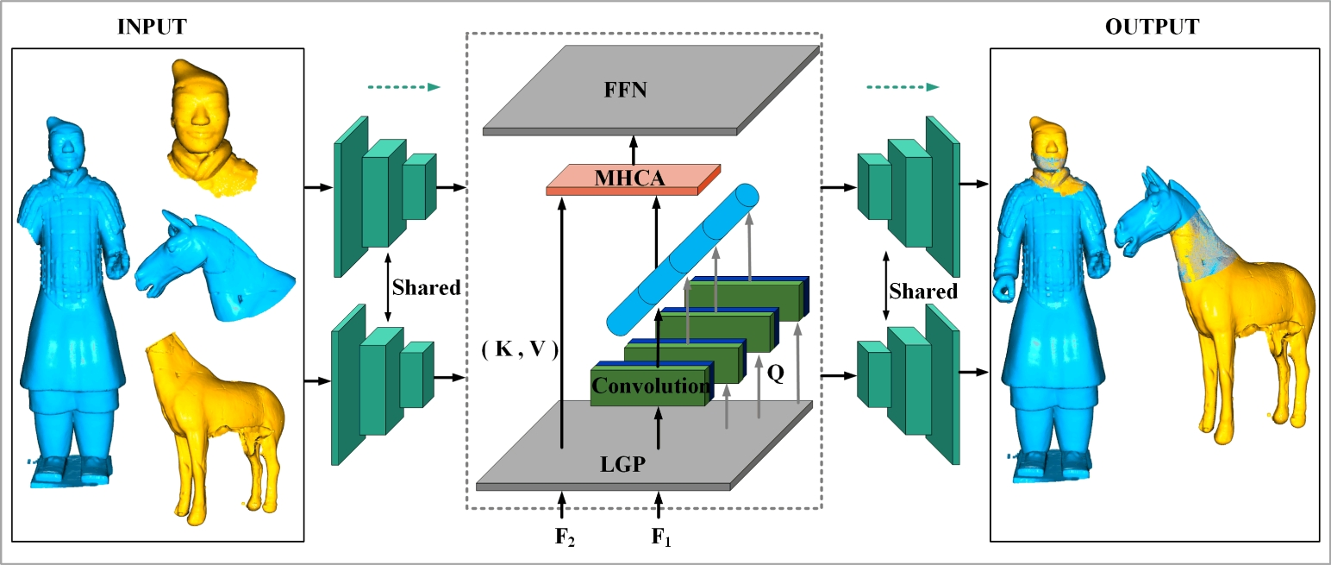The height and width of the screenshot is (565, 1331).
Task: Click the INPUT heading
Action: (152, 27)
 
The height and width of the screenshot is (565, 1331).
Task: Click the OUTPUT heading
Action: (1151, 27)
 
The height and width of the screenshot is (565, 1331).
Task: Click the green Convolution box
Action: (650, 386)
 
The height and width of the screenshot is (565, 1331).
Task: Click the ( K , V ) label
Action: (520, 350)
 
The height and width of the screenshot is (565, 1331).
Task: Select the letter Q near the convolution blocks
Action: (775, 375)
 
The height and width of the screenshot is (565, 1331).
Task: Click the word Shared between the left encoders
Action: (426, 287)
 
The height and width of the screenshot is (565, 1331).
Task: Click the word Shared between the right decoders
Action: (923, 292)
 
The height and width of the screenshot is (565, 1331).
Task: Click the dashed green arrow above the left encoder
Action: (403, 87)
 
